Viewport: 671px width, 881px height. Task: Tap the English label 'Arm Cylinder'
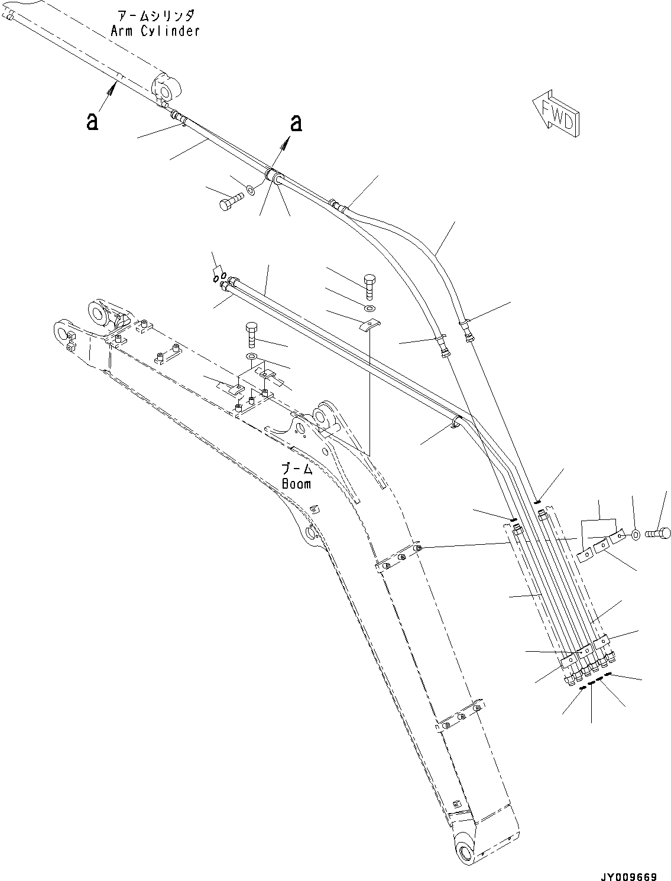pos(155,31)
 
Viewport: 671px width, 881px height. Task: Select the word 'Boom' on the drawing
pos(296,484)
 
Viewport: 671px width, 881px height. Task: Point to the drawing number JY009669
pos(629,873)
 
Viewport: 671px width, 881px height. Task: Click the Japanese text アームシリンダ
pos(156,16)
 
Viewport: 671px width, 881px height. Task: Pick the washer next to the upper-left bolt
pos(250,190)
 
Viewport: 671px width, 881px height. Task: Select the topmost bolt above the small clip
pos(369,286)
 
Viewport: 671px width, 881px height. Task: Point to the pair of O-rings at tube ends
pos(219,277)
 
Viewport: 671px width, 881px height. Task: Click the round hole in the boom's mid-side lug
pos(310,534)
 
